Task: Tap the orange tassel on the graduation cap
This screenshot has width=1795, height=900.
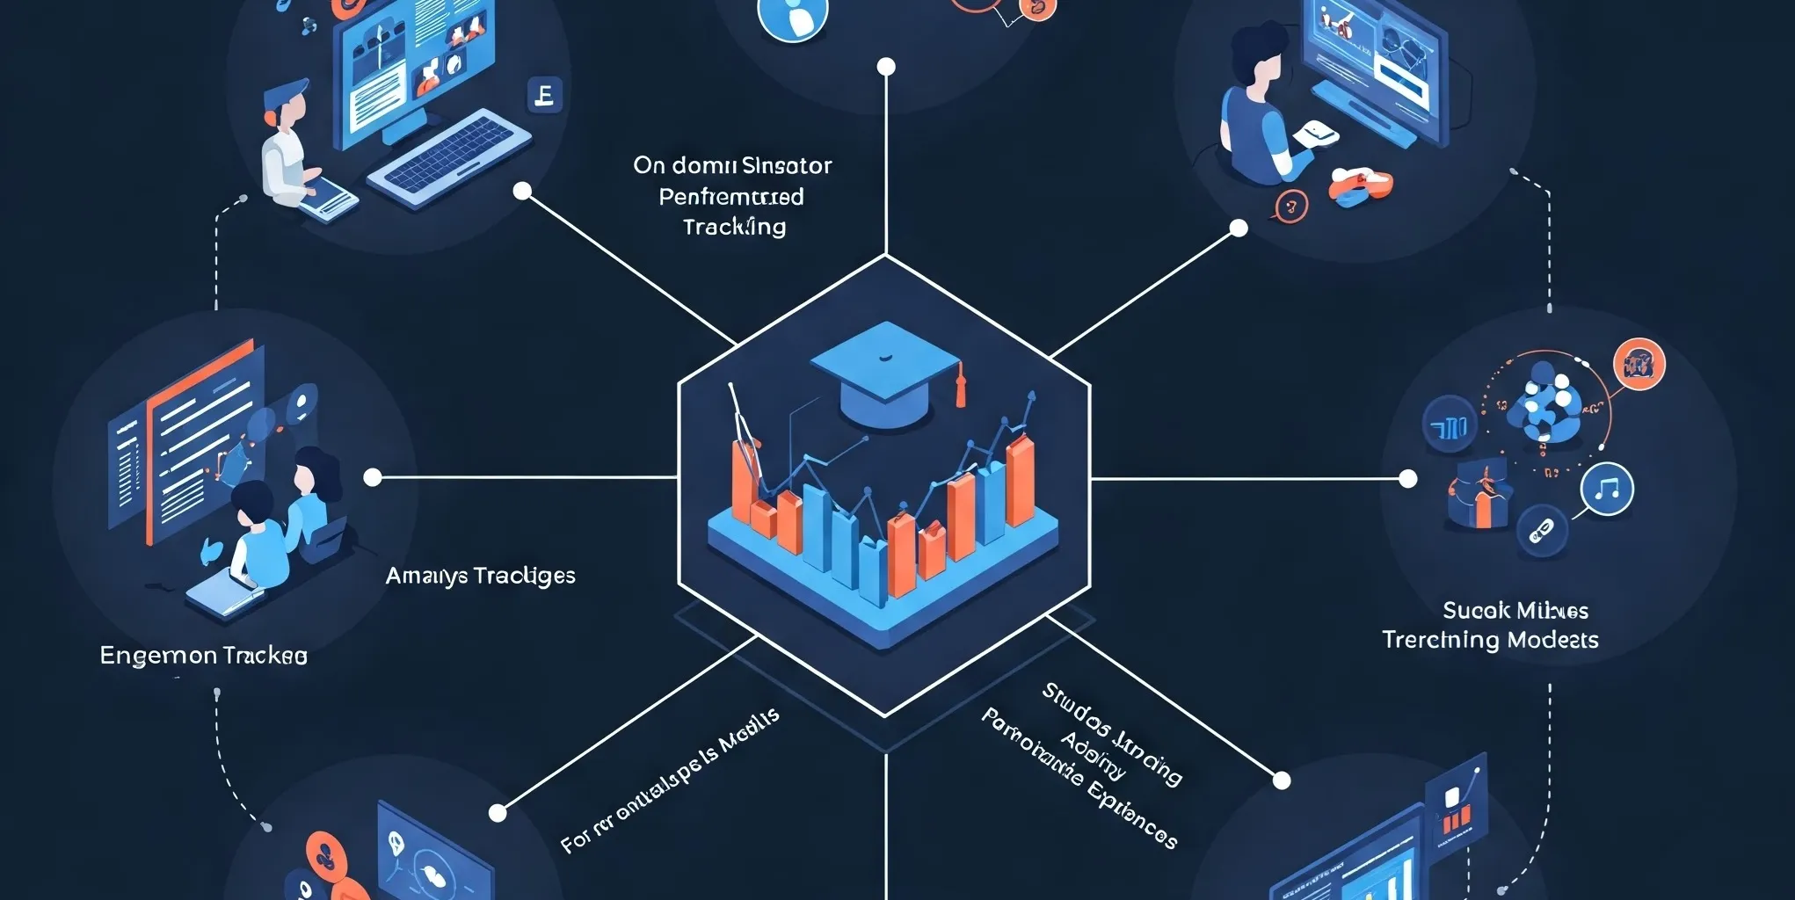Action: click(960, 387)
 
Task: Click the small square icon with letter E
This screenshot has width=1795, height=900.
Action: click(544, 95)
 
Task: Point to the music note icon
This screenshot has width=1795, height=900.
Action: click(1607, 489)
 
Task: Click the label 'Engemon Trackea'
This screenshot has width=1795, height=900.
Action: click(203, 656)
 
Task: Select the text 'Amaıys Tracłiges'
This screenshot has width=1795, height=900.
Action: click(480, 576)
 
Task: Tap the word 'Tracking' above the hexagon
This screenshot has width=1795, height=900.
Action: click(734, 227)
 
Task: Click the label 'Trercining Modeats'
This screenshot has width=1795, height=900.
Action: click(1489, 640)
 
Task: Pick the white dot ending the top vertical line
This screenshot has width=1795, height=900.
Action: click(886, 67)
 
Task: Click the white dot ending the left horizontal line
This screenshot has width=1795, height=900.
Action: click(373, 477)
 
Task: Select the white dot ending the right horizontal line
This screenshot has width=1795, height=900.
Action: click(1407, 478)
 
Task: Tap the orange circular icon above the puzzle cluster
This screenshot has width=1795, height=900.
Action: click(1639, 363)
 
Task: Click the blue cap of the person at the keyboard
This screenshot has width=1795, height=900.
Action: click(287, 91)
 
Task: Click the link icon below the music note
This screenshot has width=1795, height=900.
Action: click(1542, 530)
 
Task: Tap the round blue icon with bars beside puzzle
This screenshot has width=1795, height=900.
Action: click(1449, 425)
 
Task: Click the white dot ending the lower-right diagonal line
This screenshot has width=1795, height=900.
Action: click(1282, 780)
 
